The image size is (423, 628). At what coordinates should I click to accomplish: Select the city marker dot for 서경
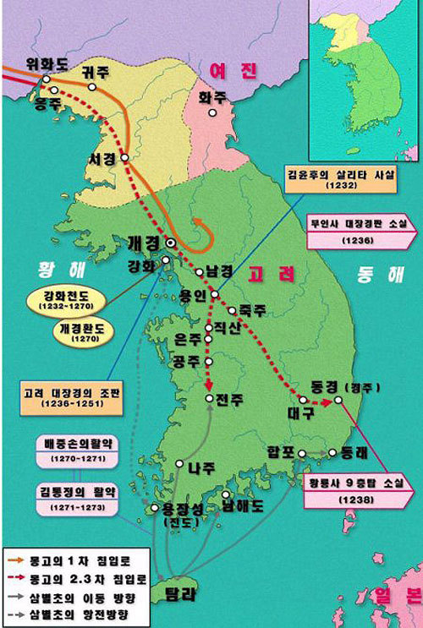(x=126, y=157)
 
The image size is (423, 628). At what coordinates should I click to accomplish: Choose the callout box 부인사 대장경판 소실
(x=356, y=229)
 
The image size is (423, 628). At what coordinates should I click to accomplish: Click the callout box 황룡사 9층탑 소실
(x=356, y=493)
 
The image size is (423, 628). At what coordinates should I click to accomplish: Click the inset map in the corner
(x=365, y=81)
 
